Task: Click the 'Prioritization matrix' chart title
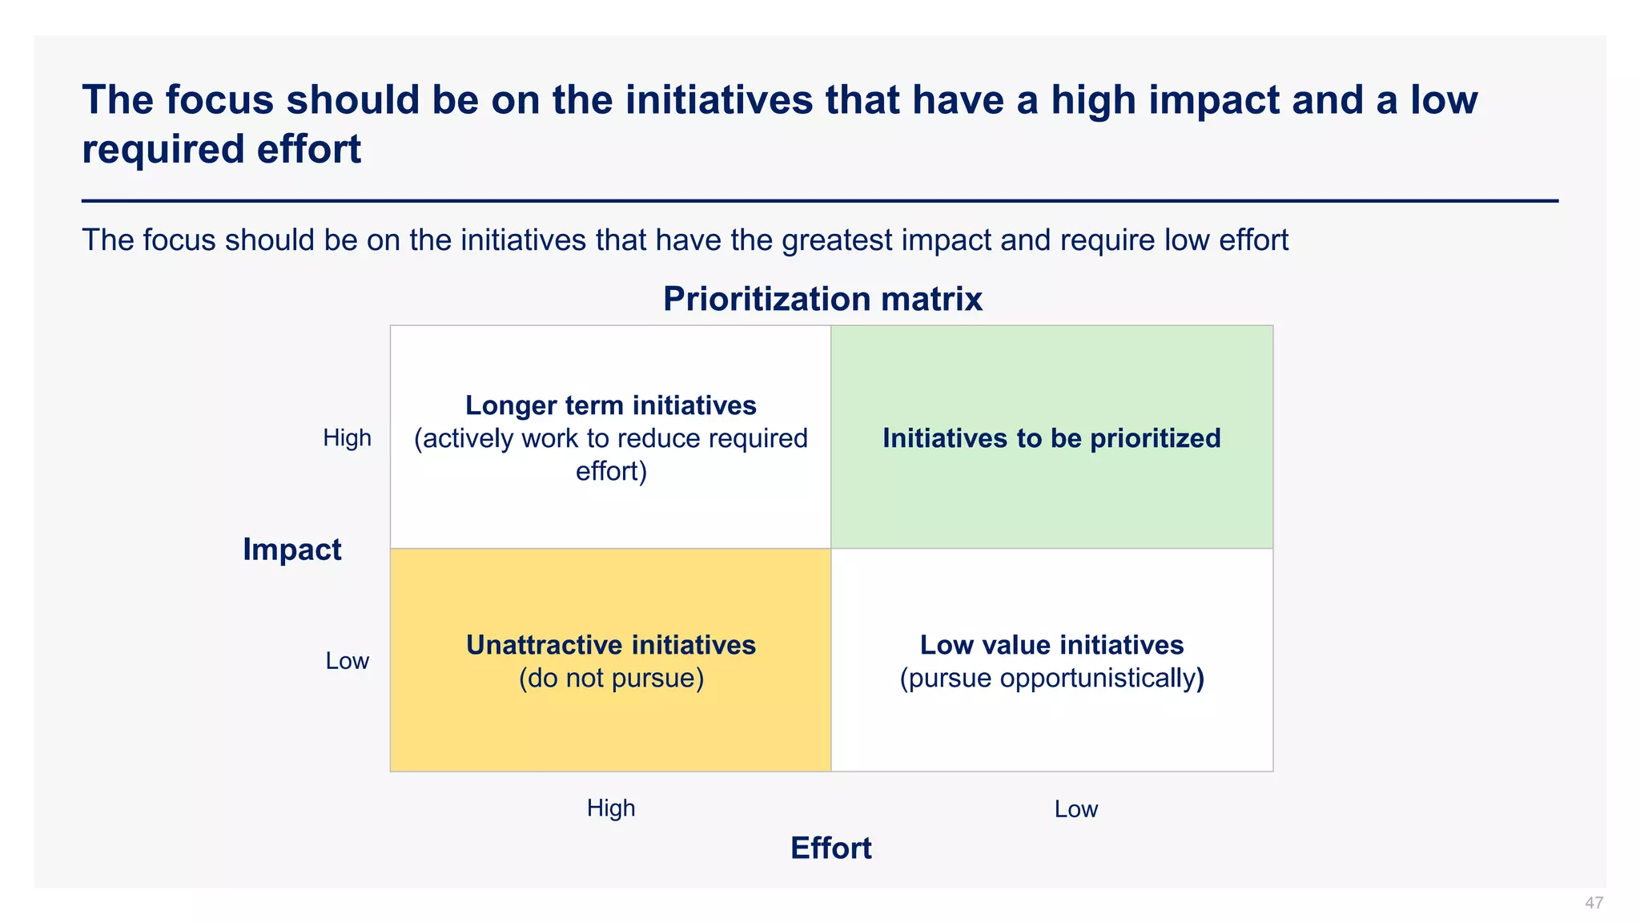(x=822, y=300)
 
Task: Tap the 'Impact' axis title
(x=291, y=550)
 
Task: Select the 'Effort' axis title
(x=830, y=848)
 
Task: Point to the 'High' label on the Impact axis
(x=347, y=437)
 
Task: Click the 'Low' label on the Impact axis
(x=347, y=661)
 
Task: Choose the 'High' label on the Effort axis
(x=610, y=808)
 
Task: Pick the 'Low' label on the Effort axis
(x=1075, y=809)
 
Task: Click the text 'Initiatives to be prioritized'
(x=1051, y=438)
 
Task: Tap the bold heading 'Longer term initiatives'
(x=610, y=405)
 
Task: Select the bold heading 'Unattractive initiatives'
(x=610, y=645)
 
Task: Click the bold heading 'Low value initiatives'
(x=1051, y=645)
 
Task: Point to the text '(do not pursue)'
(x=611, y=679)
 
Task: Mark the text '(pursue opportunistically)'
(x=1051, y=679)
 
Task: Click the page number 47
(x=1594, y=903)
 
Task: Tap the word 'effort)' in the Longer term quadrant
(x=611, y=471)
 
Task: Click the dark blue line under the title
(x=820, y=201)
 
